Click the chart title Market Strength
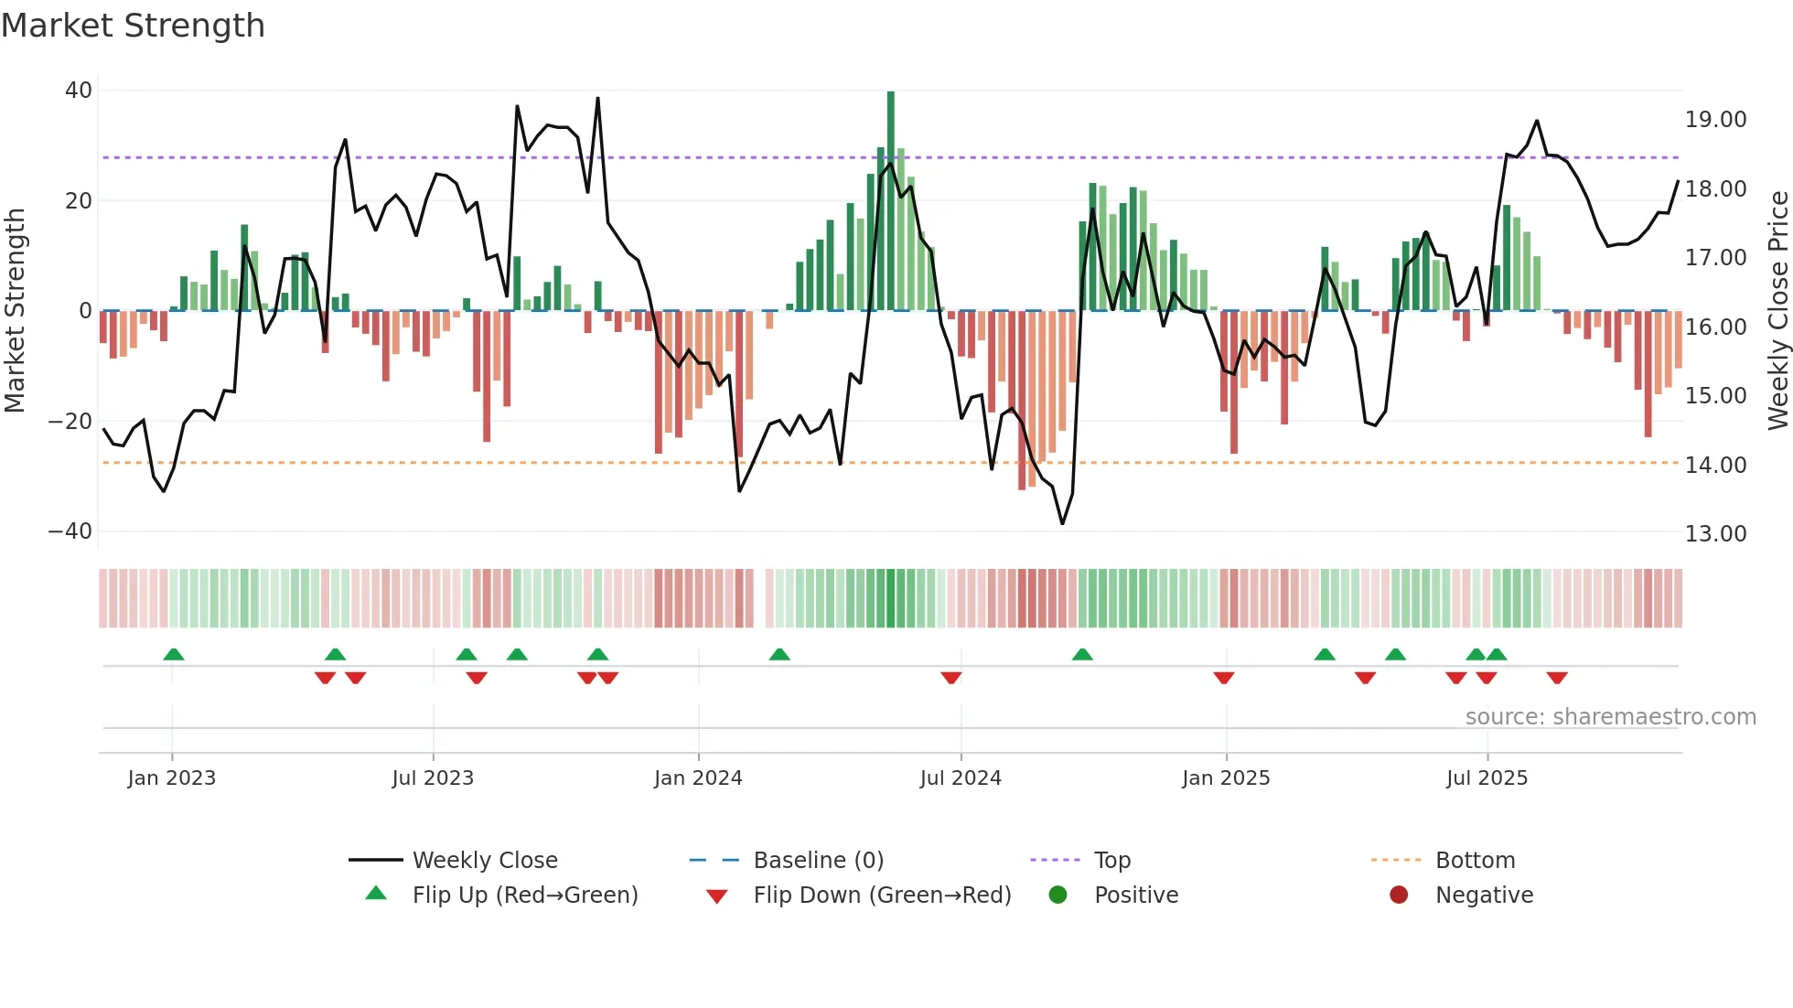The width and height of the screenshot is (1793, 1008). coord(133,26)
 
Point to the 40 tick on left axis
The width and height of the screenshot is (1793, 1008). coord(79,91)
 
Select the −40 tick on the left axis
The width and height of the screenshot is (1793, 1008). coord(70,531)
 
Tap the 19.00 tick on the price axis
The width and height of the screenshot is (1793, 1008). coord(1715,120)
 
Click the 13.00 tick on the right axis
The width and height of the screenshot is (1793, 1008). coord(1715,534)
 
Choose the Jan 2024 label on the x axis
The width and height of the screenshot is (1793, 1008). coord(698,778)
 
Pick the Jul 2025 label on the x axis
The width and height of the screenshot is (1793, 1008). coord(1487,778)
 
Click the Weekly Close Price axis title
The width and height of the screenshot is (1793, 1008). coord(1777,311)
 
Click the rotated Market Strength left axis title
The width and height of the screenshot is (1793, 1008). coord(16,311)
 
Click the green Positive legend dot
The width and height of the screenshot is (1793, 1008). coord(1058,895)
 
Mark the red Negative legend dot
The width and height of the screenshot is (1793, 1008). coord(1399,895)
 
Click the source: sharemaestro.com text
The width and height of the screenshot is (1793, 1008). coord(1610,717)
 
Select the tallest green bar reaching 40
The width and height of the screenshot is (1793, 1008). coord(891,201)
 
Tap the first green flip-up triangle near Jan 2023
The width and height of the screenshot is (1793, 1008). coord(174,654)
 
